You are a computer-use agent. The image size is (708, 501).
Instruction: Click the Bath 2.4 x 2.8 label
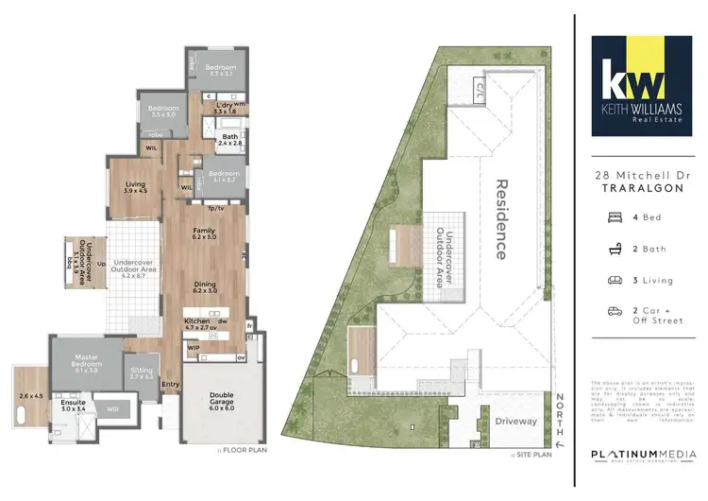pyautogui.click(x=231, y=140)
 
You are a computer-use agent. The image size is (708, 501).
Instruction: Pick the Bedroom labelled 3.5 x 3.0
pyautogui.click(x=161, y=111)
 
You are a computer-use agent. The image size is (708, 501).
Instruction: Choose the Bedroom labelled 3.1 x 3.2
pyautogui.click(x=226, y=176)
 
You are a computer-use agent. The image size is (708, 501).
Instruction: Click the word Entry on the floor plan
pyautogui.click(x=171, y=385)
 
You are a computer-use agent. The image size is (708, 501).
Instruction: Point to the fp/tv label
pyautogui.click(x=215, y=208)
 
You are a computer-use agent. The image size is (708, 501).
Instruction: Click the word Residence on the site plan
pyautogui.click(x=502, y=219)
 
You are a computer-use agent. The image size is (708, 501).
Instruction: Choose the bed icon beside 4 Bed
pyautogui.click(x=614, y=216)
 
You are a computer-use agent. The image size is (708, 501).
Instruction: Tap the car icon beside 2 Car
pyautogui.click(x=614, y=311)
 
